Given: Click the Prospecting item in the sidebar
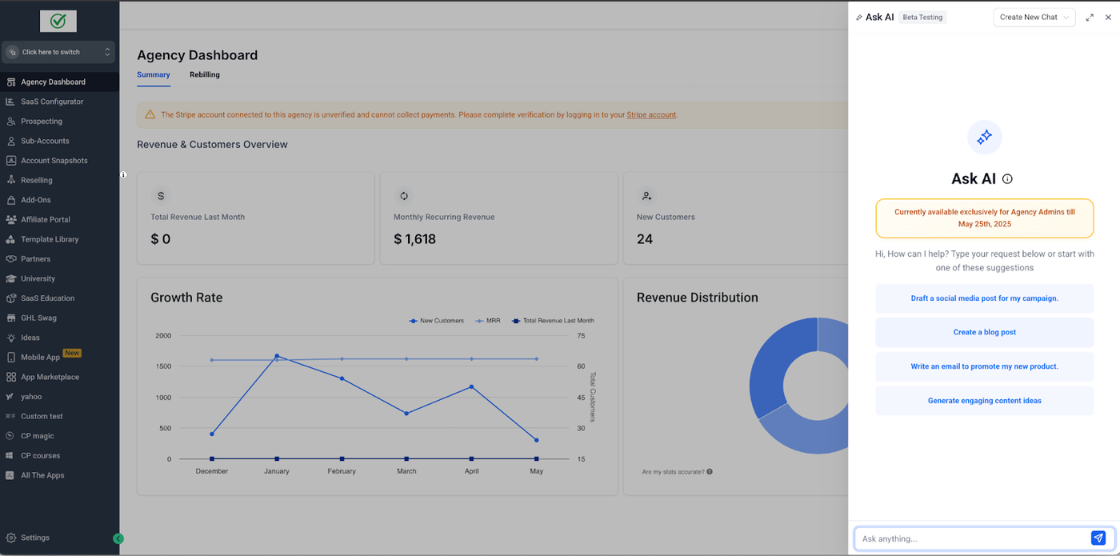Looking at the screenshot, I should [x=41, y=122].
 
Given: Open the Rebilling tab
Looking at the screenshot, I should [x=204, y=74].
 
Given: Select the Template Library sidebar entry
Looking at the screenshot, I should [x=50, y=239].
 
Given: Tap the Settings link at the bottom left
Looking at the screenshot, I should [x=35, y=538].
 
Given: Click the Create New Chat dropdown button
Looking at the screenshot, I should [x=1034, y=18].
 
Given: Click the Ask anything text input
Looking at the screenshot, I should [x=972, y=538].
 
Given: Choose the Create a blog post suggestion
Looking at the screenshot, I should [x=984, y=332].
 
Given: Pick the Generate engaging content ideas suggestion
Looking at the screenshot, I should [x=984, y=401].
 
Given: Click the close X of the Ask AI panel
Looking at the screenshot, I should [x=1108, y=18].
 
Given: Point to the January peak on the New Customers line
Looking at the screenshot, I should [x=277, y=356].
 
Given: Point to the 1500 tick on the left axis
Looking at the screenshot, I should [x=163, y=366].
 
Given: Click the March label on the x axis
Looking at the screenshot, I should [x=406, y=471].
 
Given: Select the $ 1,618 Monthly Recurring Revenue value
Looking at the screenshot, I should [x=414, y=239].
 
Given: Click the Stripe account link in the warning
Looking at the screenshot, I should [x=651, y=115].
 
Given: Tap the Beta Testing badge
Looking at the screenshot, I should [x=922, y=17].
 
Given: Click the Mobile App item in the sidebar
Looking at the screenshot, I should [x=40, y=358].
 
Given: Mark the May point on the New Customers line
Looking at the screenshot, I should [x=536, y=440].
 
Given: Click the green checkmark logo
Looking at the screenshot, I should [x=58, y=22].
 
